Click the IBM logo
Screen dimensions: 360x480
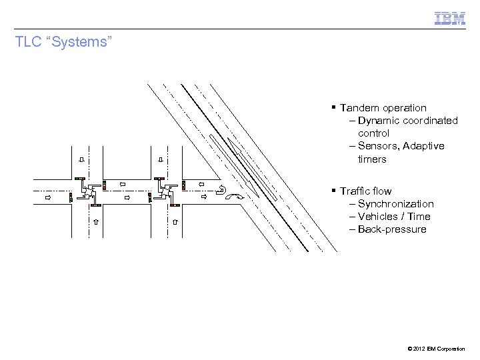(x=450, y=18)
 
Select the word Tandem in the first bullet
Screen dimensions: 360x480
(x=359, y=108)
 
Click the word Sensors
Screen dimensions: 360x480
(x=378, y=146)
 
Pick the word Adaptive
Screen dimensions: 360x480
(x=424, y=146)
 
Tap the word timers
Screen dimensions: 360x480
(x=371, y=159)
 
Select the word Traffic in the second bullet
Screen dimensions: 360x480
(x=355, y=191)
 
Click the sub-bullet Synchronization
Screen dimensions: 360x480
(x=395, y=204)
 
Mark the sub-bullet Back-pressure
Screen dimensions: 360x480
(x=392, y=229)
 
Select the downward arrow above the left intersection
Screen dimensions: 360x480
(x=81, y=160)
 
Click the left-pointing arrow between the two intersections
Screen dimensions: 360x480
(x=123, y=184)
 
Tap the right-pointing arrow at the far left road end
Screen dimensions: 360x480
(x=47, y=197)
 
